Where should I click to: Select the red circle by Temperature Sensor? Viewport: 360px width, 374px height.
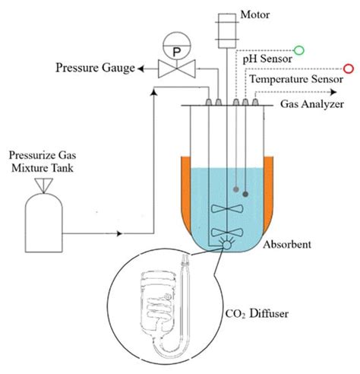coord(349,68)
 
